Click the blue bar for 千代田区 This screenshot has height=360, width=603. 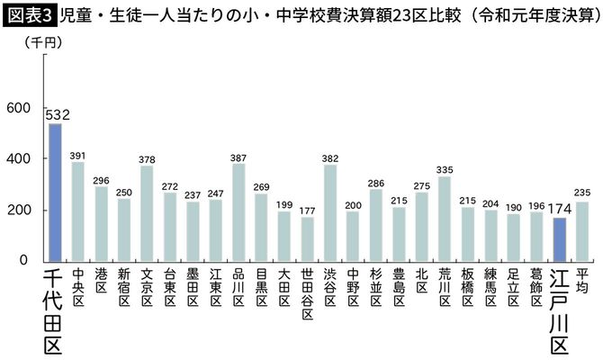(55, 192)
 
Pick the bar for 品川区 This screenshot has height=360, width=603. (238, 211)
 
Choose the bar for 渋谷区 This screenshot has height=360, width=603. (330, 212)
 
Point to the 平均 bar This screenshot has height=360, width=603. (582, 230)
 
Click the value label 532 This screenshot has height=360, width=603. (56, 113)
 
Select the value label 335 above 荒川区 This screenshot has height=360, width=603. (445, 167)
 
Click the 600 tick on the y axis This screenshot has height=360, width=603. (19, 108)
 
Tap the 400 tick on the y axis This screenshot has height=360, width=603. (19, 159)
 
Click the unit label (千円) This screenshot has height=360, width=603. (39, 42)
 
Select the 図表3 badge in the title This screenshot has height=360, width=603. (29, 14)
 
